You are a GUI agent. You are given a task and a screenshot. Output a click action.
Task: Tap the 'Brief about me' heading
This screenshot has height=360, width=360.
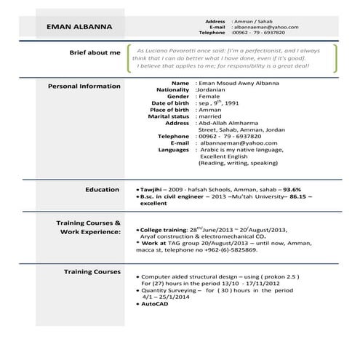95,53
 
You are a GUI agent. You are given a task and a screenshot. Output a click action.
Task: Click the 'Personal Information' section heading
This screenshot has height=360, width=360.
84,86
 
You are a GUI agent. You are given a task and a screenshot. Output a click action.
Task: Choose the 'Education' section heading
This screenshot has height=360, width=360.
102,190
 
